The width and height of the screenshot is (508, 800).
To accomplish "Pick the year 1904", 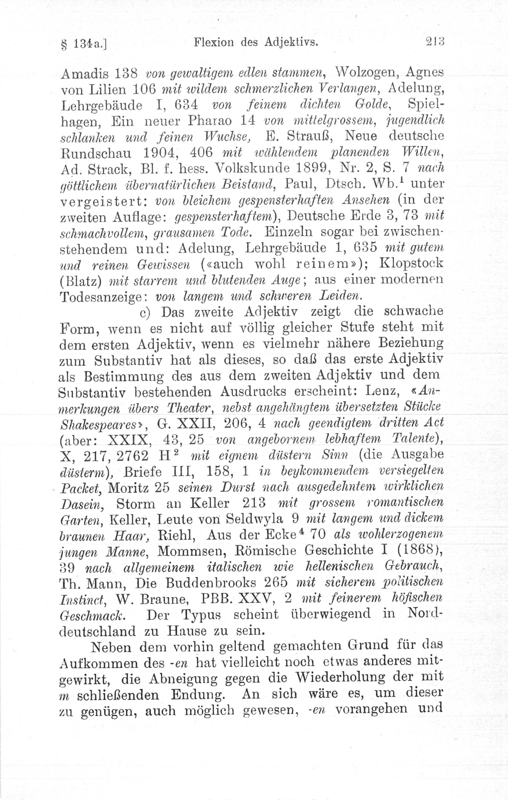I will pyautogui.click(x=160, y=152).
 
